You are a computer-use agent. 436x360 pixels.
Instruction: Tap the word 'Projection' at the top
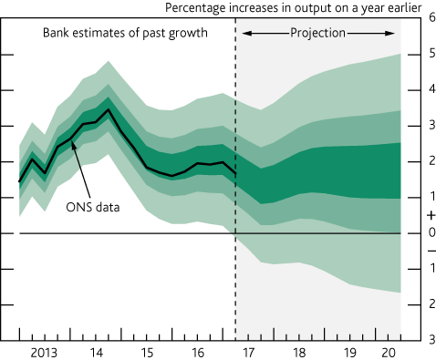[318, 32]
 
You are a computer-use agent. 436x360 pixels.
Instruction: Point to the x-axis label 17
[247, 350]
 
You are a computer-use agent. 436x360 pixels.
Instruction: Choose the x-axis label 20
[389, 350]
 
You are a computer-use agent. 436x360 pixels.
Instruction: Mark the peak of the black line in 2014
[109, 110]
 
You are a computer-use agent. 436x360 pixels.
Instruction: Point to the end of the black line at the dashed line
[235, 173]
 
